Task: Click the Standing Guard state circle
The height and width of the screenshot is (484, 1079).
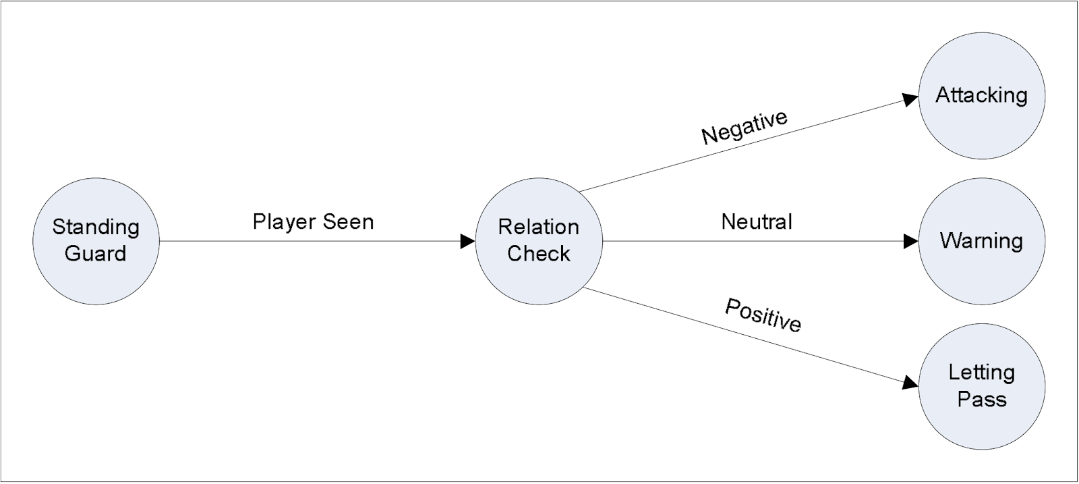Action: pyautogui.click(x=96, y=241)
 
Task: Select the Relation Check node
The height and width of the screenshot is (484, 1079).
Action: pyautogui.click(x=538, y=241)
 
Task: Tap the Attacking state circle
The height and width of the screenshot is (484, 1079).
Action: pyautogui.click(x=981, y=96)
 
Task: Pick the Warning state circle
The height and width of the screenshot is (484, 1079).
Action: pyautogui.click(x=981, y=241)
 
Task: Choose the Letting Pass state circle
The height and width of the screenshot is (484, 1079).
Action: pyautogui.click(x=981, y=386)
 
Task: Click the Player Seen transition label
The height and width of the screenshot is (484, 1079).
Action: pyautogui.click(x=313, y=222)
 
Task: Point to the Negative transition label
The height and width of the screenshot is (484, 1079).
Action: pyautogui.click(x=745, y=127)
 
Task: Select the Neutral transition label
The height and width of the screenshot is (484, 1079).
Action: pyautogui.click(x=757, y=222)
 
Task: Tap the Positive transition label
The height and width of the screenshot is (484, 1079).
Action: pyautogui.click(x=763, y=315)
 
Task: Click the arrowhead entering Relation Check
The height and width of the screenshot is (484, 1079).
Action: pyautogui.click(x=467, y=241)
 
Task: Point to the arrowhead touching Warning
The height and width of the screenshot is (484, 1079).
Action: pyautogui.click(x=911, y=241)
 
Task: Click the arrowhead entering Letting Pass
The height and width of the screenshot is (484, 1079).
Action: pyautogui.click(x=910, y=383)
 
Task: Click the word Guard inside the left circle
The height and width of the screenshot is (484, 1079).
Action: pyautogui.click(x=96, y=254)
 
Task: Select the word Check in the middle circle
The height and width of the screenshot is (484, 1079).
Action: pyautogui.click(x=538, y=254)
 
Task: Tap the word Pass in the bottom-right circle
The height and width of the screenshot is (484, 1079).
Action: pyautogui.click(x=981, y=399)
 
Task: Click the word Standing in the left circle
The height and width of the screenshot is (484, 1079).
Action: pyautogui.click(x=96, y=227)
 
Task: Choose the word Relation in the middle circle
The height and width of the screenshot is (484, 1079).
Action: pyautogui.click(x=538, y=227)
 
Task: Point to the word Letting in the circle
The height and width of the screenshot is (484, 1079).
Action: pyautogui.click(x=981, y=373)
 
